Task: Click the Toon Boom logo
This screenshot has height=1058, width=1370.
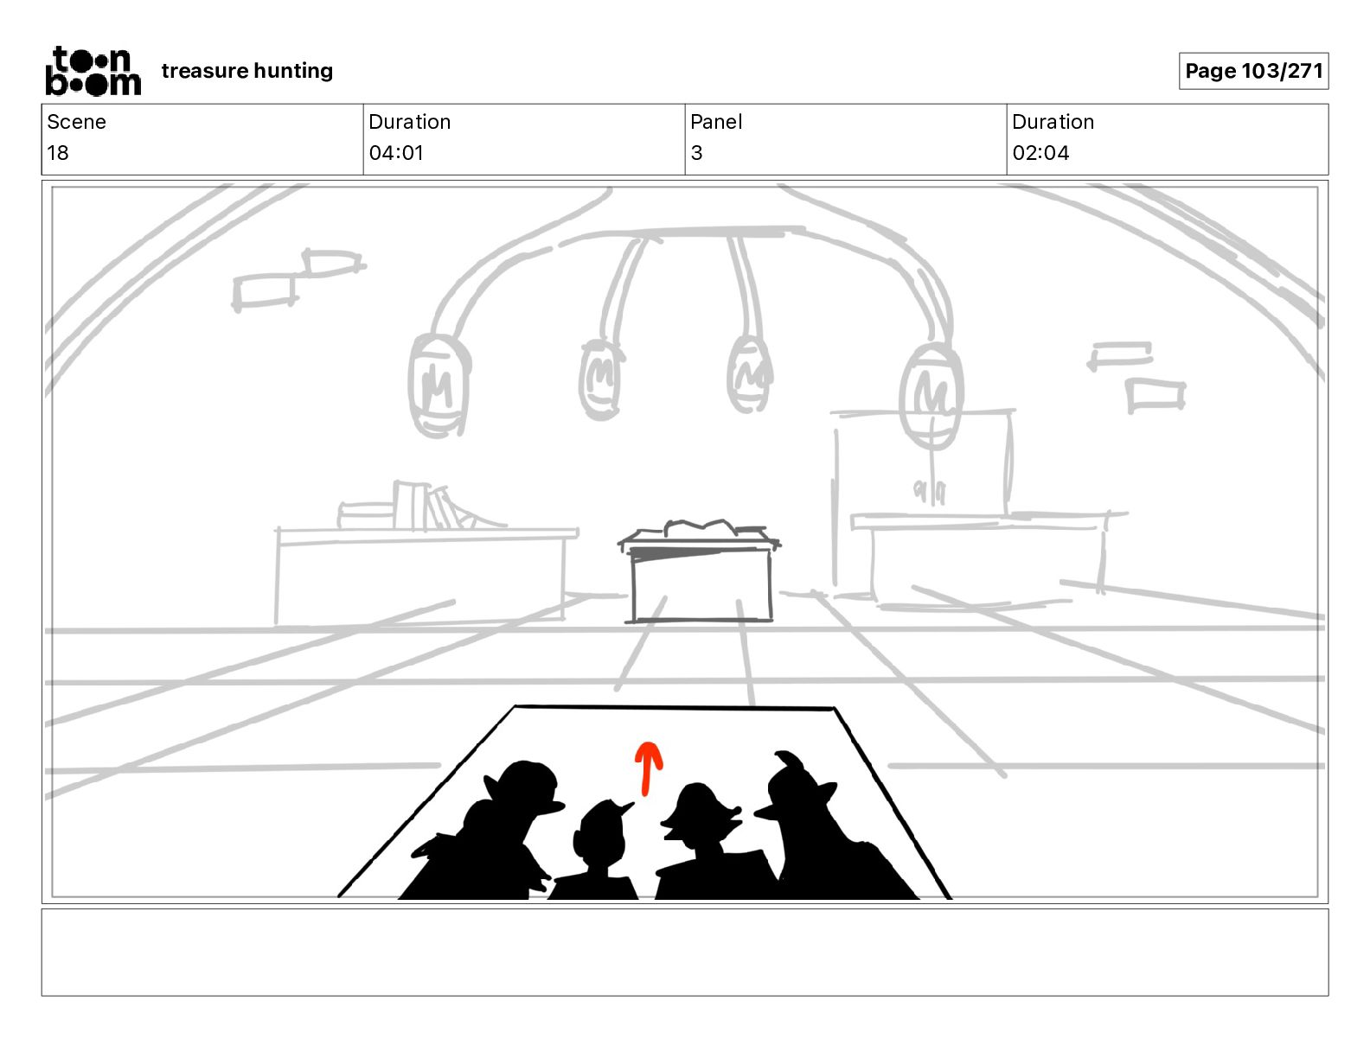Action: (x=93, y=71)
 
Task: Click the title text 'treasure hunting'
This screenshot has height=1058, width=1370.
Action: (x=246, y=71)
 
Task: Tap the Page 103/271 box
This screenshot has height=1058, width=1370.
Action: (x=1253, y=71)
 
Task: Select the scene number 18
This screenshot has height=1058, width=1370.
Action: (x=58, y=153)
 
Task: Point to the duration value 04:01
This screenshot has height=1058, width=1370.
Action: (x=396, y=153)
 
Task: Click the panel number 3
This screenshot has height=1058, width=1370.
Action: (x=696, y=153)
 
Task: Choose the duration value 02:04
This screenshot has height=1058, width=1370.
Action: (x=1040, y=153)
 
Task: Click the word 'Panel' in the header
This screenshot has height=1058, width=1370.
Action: (x=716, y=122)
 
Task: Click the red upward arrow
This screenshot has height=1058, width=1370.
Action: (x=648, y=767)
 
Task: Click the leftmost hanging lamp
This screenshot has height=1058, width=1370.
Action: (x=439, y=386)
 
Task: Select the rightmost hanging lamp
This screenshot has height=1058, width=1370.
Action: (x=931, y=396)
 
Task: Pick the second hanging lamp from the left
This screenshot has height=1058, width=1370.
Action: (x=599, y=379)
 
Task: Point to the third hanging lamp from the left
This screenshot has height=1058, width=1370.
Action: (x=749, y=374)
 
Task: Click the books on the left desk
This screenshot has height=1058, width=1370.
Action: (x=428, y=507)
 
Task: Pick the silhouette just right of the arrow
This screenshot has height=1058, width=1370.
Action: (x=699, y=817)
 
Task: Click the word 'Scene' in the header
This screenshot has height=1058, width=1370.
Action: (x=76, y=122)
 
